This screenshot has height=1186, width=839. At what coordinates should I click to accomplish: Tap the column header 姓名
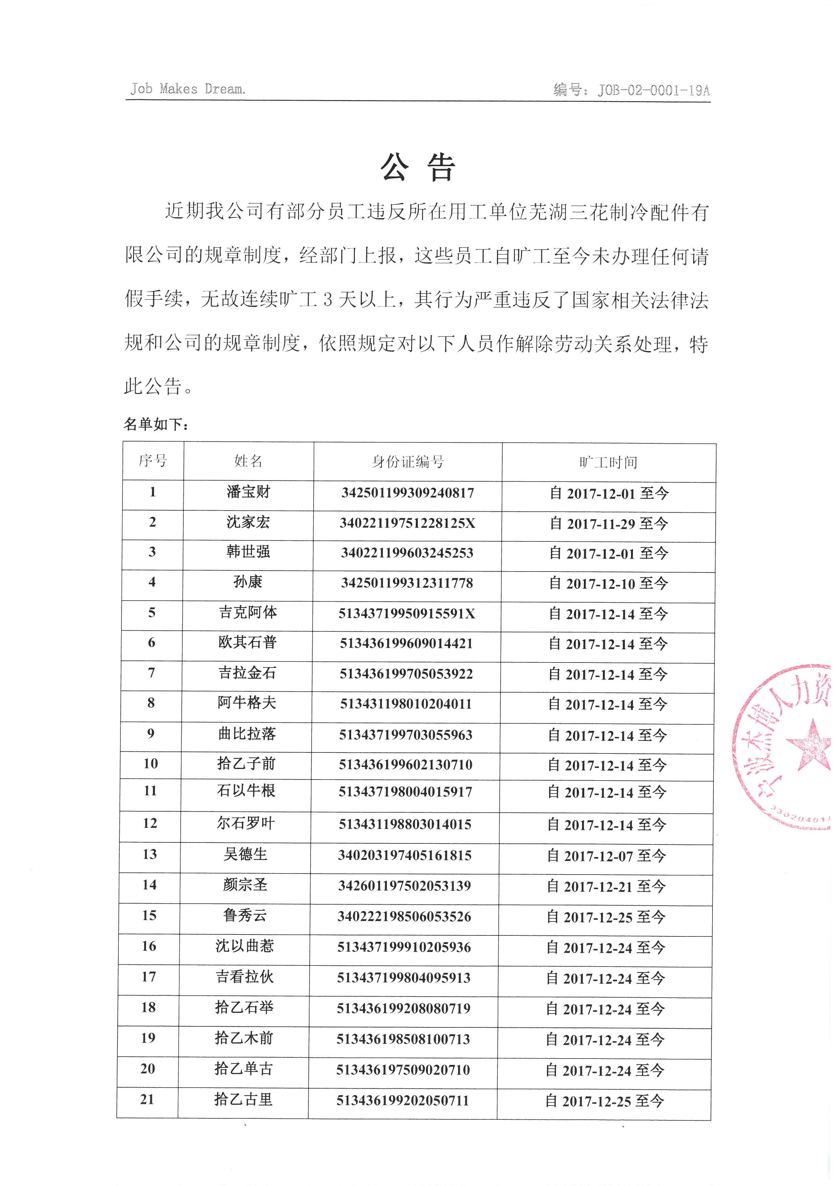[249, 461]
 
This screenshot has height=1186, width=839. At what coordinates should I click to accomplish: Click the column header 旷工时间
[609, 462]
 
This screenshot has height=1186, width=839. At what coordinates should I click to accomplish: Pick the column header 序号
[153, 460]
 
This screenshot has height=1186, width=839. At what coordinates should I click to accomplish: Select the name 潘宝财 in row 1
[249, 492]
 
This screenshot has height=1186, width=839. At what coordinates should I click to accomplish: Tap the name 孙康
[248, 582]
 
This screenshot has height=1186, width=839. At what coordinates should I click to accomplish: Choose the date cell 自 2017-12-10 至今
[609, 584]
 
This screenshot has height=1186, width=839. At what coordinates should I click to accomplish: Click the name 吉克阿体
[248, 613]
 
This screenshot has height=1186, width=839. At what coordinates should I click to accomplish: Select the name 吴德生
[245, 854]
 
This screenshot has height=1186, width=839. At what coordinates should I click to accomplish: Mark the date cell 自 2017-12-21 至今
[607, 886]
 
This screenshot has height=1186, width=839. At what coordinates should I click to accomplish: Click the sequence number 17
[149, 976]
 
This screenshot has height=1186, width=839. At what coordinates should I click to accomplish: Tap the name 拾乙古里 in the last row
[243, 1099]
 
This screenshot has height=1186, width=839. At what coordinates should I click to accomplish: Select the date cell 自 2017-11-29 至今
[609, 524]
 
